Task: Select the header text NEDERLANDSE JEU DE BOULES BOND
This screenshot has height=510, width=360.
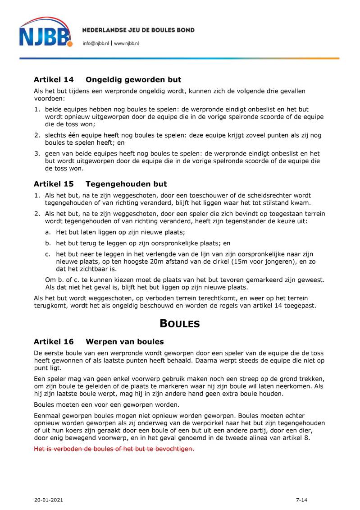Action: coord(138,30)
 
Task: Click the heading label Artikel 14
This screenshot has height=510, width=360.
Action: coord(54,80)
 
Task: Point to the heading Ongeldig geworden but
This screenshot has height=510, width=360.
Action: coord(133,80)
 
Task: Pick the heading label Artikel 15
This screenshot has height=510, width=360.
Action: coord(54,184)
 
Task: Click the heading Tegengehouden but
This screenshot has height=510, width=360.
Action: coord(126,184)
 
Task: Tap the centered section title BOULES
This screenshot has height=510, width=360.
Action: coord(180,323)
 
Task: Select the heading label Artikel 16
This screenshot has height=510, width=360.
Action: coord(54,341)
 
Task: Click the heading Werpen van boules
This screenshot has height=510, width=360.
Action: coord(125,341)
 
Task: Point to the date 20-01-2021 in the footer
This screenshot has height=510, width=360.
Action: coord(48,500)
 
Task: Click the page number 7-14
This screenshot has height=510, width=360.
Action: coord(301,500)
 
